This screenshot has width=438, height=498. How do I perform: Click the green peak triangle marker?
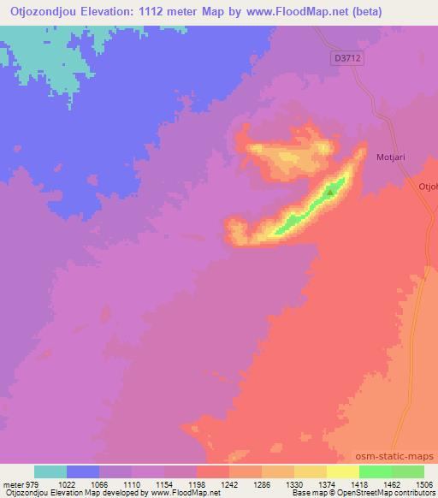coord(330,193)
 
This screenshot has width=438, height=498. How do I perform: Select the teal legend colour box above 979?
coord(50,471)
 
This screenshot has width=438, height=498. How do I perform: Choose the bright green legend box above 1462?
coord(376,471)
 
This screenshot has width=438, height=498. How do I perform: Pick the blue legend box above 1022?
coord(83,471)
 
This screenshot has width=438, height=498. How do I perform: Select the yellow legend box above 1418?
coord(343,471)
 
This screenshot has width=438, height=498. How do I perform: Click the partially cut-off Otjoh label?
coord(427,186)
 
